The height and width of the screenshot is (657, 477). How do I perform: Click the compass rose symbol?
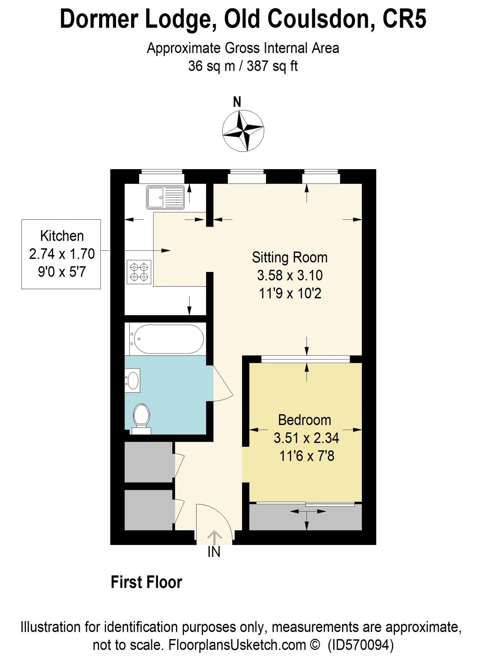click(x=243, y=130)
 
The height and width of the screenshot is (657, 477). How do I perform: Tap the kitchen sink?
click(x=165, y=197)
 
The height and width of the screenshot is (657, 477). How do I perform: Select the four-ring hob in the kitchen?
click(x=139, y=272)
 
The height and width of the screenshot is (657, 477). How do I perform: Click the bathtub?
click(x=168, y=339)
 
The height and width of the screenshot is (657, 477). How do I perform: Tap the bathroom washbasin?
click(x=133, y=380)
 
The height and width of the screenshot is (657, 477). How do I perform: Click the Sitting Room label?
click(x=289, y=257)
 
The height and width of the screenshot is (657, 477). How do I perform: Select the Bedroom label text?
click(x=304, y=420)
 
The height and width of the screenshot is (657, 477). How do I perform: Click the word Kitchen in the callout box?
click(x=62, y=236)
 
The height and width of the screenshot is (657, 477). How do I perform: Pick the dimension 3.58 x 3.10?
click(x=289, y=275)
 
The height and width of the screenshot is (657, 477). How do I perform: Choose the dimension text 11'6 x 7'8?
click(x=306, y=456)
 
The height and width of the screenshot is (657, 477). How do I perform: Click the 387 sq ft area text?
click(x=272, y=66)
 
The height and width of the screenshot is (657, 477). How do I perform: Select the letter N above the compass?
click(x=237, y=102)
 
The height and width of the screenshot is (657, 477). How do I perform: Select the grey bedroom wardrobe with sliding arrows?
click(x=305, y=517)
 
